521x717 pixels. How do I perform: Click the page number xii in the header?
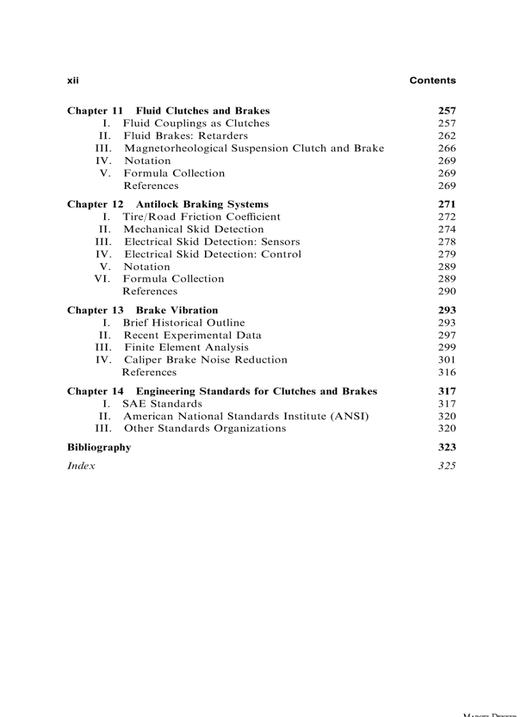72,80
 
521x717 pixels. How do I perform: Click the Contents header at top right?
432,80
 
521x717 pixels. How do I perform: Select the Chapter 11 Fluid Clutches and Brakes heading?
169,111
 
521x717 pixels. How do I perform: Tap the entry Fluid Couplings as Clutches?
196,123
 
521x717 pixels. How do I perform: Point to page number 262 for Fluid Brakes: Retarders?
447,136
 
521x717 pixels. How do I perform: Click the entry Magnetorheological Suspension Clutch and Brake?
253,148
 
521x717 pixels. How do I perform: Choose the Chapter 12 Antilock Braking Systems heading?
168,204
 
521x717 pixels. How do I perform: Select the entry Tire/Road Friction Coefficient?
201,217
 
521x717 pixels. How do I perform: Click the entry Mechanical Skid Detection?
193,229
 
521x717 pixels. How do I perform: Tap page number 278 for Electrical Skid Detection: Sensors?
447,242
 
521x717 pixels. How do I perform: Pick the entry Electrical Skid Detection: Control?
212,254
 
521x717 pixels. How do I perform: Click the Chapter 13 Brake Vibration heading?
142,310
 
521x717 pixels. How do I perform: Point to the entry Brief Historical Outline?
184,323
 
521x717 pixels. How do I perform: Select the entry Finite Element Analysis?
186,347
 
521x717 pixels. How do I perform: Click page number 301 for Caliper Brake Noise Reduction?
447,360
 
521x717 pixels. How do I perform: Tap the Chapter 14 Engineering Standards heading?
222,391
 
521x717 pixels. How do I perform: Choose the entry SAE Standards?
162,404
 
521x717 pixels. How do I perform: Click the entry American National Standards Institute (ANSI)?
246,416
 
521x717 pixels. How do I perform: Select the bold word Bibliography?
99,448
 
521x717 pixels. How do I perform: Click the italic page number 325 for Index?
447,466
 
